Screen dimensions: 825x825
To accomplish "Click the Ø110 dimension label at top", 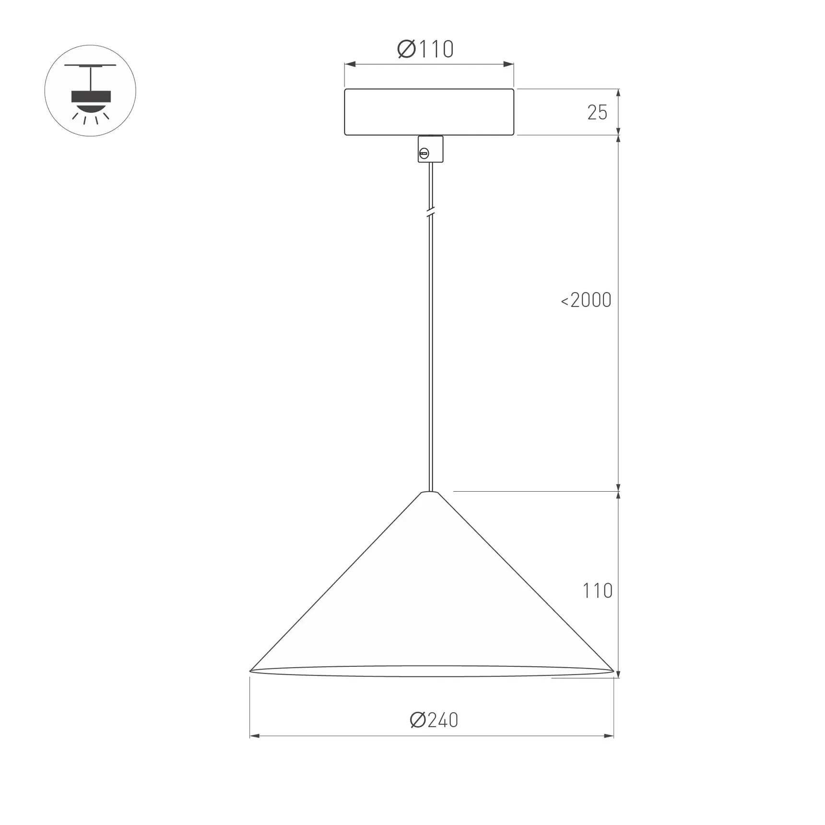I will [425, 49].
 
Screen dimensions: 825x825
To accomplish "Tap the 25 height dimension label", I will [597, 113].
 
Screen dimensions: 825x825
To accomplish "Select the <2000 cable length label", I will [586, 300].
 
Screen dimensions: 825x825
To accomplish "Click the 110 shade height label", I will [597, 591].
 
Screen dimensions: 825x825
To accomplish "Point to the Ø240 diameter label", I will [434, 720].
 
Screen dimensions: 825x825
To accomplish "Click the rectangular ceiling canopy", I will [429, 112].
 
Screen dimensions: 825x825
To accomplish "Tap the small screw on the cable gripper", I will [424, 154].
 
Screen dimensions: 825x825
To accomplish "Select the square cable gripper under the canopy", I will [430, 149].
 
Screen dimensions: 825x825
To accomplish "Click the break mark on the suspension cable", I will [430, 211].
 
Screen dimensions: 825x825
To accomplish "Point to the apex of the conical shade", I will [430, 493].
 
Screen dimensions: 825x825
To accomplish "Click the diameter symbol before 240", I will [418, 720].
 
